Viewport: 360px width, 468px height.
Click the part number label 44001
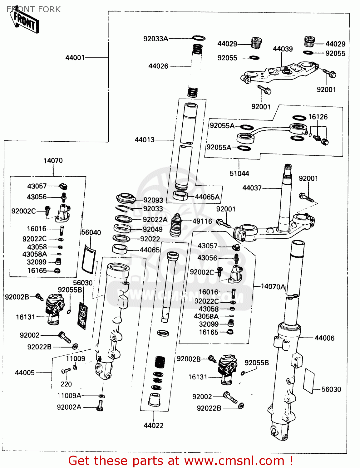click(x=75, y=58)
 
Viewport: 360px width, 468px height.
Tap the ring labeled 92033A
click(x=199, y=38)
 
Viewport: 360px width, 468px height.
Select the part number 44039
click(x=283, y=49)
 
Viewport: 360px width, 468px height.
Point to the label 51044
click(x=239, y=173)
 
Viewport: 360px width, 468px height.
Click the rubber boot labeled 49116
click(x=177, y=225)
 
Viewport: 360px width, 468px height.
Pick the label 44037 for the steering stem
click(x=252, y=188)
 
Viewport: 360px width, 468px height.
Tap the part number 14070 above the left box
click(x=53, y=161)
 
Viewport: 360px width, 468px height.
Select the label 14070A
click(x=273, y=286)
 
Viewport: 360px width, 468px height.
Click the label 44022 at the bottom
click(x=153, y=425)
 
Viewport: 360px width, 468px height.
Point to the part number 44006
click(x=324, y=338)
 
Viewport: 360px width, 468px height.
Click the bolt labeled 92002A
click(x=100, y=406)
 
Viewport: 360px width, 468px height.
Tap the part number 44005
click(x=25, y=373)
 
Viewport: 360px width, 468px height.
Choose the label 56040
click(x=91, y=232)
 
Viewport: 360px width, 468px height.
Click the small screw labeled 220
click(x=66, y=371)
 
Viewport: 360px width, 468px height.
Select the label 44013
click(x=145, y=140)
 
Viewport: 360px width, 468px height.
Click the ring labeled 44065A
click(x=180, y=196)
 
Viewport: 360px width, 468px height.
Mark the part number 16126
click(x=318, y=117)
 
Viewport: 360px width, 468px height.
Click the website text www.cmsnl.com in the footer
click(x=234, y=461)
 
